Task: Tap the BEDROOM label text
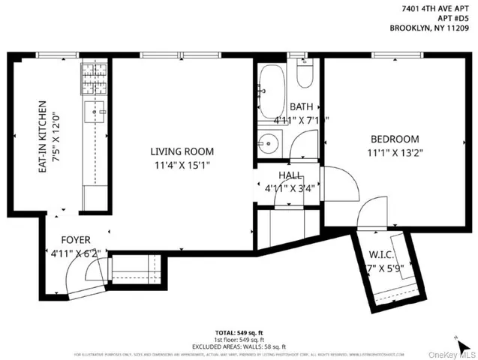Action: [x=394, y=139]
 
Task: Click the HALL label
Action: [x=290, y=175]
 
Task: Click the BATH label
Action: [x=301, y=107]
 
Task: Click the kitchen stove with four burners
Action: [x=95, y=76]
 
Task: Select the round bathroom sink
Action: [x=269, y=142]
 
